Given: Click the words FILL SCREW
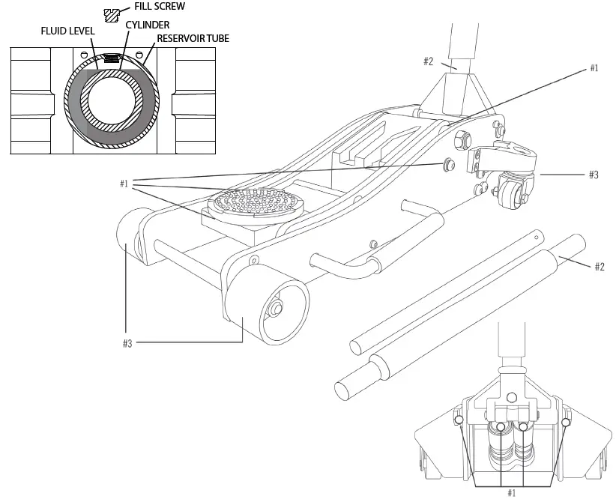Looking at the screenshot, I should point(160,7).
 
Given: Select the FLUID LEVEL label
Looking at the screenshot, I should point(67,32).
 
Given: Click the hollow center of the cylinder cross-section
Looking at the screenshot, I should point(112,100).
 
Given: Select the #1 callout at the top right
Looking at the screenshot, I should point(594,68).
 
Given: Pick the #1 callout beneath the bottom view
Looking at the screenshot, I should point(512,492).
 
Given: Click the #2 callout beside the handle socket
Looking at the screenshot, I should point(428,61).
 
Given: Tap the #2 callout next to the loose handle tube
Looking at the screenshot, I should point(599,267).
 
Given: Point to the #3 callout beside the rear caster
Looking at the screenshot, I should point(593,175).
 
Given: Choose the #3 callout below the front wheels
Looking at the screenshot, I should point(127,342).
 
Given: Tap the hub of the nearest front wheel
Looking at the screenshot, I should point(278,308).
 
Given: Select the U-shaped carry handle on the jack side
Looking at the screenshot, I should point(352,251).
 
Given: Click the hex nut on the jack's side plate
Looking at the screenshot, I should point(462,138).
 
